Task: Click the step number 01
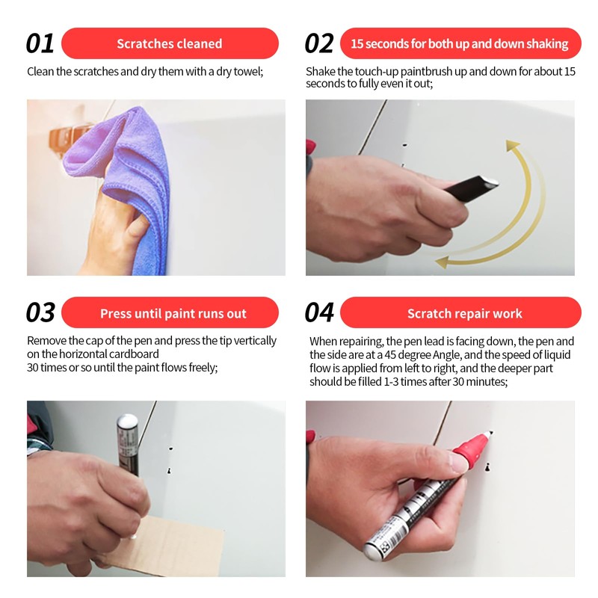coord(40,43)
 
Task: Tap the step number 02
coord(319,43)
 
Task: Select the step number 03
coord(40,312)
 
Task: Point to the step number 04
coord(320,312)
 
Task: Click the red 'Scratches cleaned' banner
coord(170,43)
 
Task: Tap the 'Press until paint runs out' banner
coord(170,312)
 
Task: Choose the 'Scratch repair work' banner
coord(460,312)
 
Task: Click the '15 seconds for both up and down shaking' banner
coord(460,43)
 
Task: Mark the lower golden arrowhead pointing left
coord(443,262)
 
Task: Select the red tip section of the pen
coord(471,447)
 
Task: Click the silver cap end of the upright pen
coord(127,423)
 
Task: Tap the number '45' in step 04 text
coord(390,354)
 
